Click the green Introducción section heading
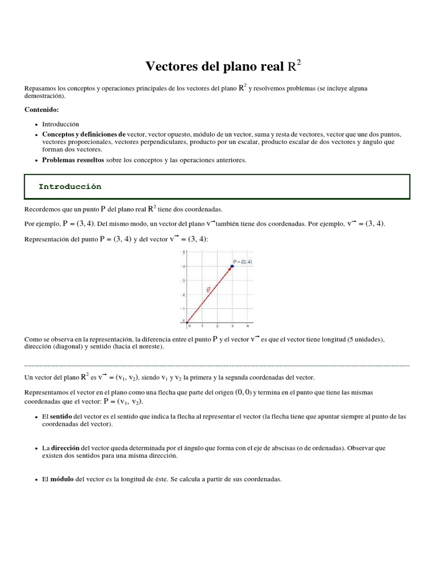(x=70, y=187)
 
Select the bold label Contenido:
(x=42, y=110)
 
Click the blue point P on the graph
(x=232, y=266)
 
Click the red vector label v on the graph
(x=209, y=290)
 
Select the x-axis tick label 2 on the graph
(x=217, y=326)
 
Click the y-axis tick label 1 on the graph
(x=183, y=308)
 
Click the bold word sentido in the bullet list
(x=62, y=417)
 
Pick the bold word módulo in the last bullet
(x=62, y=479)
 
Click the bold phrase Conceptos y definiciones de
(x=84, y=135)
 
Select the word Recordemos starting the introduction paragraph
(x=43, y=209)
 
